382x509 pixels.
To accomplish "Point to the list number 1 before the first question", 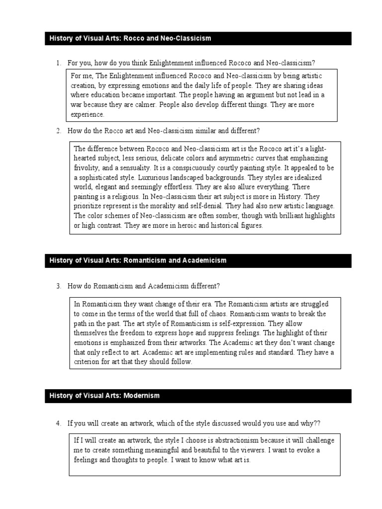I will coord(58,63).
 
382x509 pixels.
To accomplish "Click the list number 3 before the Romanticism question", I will coord(58,286).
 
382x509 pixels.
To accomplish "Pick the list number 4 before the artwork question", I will coord(58,423).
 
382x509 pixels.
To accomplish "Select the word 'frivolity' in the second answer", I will coord(87,168).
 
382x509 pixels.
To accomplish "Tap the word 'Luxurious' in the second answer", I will coord(141,177).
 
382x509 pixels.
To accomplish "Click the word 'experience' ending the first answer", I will coord(87,114).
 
